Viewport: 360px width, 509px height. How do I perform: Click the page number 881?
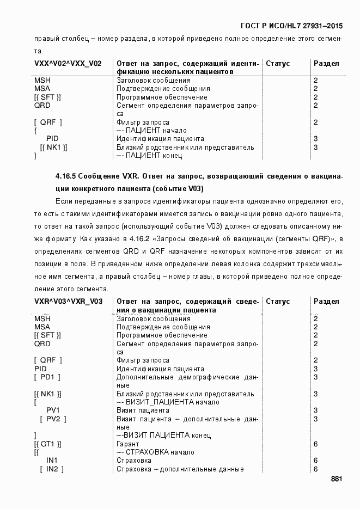[336, 479]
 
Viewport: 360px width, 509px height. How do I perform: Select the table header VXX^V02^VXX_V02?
[68, 64]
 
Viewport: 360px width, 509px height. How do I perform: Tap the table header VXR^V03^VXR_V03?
[68, 302]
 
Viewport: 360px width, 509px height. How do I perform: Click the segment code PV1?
[53, 410]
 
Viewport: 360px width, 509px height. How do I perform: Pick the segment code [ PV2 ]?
[53, 419]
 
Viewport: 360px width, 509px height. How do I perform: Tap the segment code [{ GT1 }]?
[47, 444]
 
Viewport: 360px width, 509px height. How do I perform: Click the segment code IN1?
[52, 461]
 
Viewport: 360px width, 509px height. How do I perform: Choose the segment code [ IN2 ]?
[52, 469]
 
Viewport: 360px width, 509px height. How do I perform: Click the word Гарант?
[128, 444]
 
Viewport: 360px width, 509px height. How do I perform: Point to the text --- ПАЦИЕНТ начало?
[151, 131]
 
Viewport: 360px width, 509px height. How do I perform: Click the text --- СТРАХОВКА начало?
[155, 452]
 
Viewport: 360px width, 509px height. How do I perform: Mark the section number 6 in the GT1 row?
[316, 444]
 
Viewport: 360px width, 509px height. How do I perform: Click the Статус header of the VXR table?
[278, 302]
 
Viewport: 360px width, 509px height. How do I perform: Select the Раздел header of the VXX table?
[326, 64]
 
